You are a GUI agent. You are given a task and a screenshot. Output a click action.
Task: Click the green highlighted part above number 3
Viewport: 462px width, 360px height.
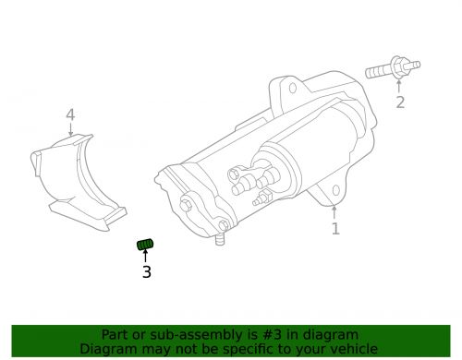click(146, 245)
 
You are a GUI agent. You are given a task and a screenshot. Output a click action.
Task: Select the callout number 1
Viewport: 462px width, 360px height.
click(335, 227)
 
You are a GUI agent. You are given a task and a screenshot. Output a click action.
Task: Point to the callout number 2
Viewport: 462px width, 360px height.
click(400, 102)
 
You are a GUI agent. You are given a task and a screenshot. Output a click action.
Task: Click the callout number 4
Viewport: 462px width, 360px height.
click(70, 115)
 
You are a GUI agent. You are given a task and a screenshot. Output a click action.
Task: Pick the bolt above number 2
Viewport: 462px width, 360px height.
click(392, 68)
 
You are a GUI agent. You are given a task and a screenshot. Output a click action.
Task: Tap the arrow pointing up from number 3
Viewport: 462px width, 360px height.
click(146, 258)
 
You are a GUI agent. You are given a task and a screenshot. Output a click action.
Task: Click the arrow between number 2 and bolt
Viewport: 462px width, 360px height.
click(399, 86)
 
